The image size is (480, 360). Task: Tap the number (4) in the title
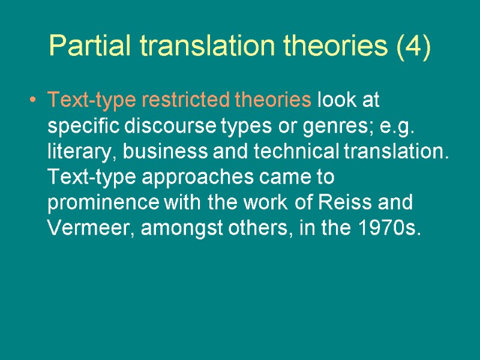tap(413, 46)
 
